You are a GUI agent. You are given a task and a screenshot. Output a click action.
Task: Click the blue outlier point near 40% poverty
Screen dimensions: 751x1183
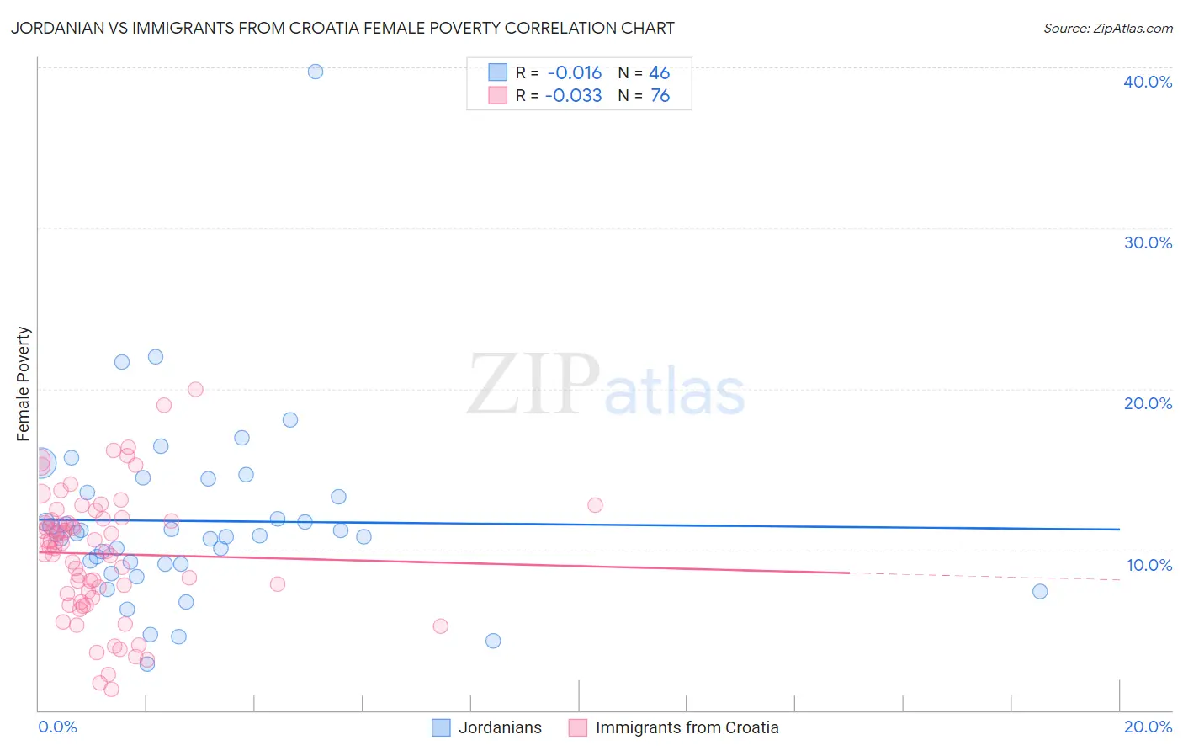coord(316,72)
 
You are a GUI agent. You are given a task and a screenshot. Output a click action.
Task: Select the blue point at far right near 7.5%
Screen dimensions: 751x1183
coord(1040,591)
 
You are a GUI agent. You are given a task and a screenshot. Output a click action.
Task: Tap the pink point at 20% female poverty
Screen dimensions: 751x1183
coord(195,389)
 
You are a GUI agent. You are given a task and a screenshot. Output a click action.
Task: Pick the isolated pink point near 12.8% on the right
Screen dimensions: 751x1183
coord(595,505)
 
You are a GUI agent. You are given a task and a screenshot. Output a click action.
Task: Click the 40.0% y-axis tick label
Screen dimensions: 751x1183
coord(1148,82)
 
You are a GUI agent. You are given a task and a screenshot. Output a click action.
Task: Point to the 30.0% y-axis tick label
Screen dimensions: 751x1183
coord(1148,242)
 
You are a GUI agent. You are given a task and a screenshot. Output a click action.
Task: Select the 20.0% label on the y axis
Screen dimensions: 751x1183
coord(1148,403)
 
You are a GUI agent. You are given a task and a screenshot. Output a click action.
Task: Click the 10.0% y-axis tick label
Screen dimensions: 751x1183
coord(1149,565)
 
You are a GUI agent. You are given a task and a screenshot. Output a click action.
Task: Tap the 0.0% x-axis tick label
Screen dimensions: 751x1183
coord(57,727)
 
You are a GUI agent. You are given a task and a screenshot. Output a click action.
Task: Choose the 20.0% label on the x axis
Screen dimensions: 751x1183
coord(1148,727)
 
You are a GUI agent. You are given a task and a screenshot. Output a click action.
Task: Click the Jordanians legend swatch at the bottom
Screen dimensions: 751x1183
coord(441,727)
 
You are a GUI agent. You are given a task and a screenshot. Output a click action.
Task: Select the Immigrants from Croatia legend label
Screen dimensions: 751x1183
coord(687,727)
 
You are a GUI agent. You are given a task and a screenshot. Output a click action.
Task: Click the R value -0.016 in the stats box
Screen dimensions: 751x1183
coord(574,73)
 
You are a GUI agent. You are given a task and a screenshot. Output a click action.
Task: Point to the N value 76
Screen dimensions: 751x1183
coord(660,96)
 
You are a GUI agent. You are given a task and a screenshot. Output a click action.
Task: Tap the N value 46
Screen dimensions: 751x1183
coord(660,73)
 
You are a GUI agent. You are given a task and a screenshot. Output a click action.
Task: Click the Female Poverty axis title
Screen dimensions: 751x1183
coord(24,384)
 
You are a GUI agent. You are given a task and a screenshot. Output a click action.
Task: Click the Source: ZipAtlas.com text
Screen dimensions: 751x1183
coord(1107,29)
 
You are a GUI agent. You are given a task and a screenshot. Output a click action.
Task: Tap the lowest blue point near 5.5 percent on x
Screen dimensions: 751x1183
coord(493,641)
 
